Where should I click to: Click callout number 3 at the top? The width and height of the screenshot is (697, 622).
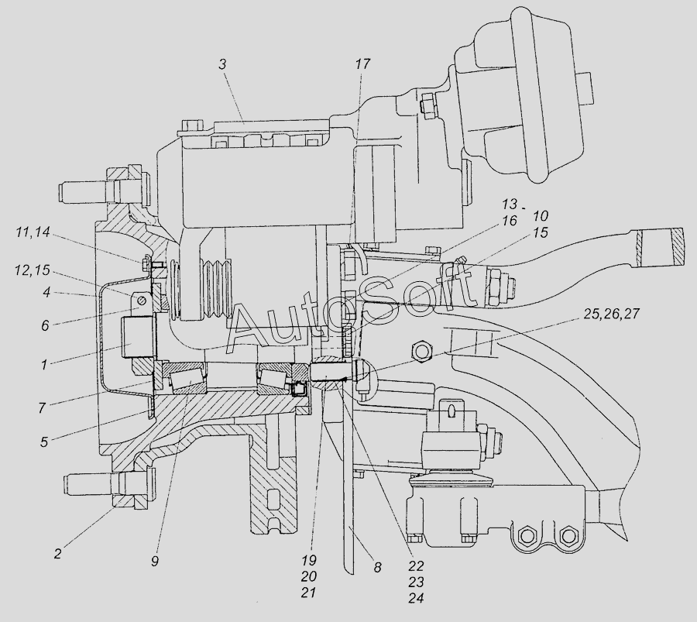tap(222, 64)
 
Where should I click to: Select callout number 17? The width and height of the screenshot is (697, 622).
tap(362, 64)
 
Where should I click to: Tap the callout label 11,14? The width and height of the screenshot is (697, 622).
tap(33, 232)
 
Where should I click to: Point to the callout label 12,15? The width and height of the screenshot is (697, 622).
tap(33, 270)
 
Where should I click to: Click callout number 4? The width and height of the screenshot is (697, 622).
tap(46, 294)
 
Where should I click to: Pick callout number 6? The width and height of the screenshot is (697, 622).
tap(45, 326)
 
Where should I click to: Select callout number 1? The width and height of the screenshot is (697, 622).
tap(44, 365)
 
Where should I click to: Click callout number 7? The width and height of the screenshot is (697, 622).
tap(42, 407)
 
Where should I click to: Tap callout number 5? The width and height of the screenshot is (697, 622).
tap(44, 442)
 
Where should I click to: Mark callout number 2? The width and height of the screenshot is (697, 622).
tap(58, 554)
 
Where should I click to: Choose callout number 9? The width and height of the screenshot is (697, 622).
tap(154, 562)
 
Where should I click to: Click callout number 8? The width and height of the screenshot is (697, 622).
tap(377, 568)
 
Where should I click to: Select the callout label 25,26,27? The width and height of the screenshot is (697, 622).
tap(612, 314)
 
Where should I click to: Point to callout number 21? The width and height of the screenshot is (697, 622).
tap(308, 593)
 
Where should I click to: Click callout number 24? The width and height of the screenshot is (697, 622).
tap(416, 599)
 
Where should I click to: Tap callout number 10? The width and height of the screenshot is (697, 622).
tap(540, 216)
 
